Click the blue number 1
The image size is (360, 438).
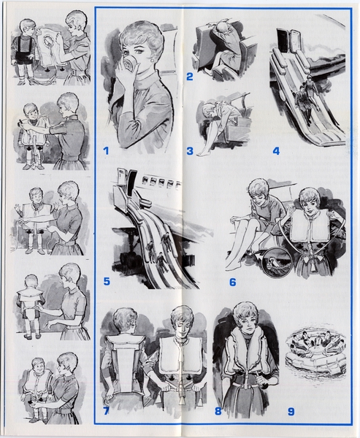click(106, 151)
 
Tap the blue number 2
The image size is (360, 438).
click(190, 76)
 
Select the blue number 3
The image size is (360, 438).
click(190, 151)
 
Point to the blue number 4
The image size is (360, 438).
click(276, 151)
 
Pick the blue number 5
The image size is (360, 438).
click(107, 282)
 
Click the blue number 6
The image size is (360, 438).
click(232, 282)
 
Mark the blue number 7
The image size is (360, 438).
click(106, 411)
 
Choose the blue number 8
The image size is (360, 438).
click(218, 411)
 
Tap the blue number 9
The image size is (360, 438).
click(291, 412)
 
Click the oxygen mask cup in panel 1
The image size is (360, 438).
click(130, 63)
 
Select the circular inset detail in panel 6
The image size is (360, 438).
click(277, 262)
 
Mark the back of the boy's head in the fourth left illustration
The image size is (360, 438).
click(31, 283)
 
